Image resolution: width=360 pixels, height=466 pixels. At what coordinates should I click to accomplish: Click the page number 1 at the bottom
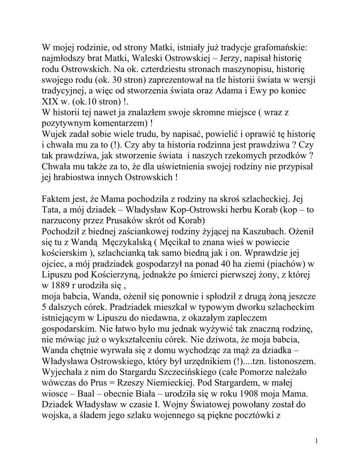pos(316,441)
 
